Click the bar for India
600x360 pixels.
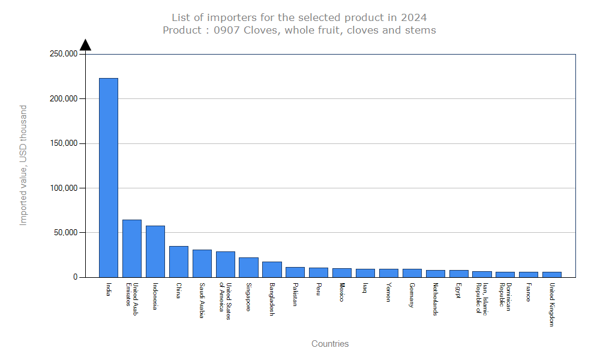(109, 178)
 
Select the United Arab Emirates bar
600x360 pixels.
(132, 248)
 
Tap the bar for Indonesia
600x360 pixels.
(155, 251)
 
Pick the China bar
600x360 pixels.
(179, 262)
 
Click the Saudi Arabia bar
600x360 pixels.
(202, 263)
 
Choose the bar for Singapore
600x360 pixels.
(248, 267)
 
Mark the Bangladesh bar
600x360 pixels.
(272, 269)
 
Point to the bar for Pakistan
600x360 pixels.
(295, 272)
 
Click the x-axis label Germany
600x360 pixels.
(412, 295)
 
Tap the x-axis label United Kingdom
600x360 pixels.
(552, 305)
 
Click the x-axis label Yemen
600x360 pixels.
(389, 292)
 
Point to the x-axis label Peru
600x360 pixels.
(319, 290)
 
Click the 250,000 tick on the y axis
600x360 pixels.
(63, 54)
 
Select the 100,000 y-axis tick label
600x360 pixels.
(63, 188)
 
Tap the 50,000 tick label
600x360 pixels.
(65, 233)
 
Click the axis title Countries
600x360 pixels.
(330, 344)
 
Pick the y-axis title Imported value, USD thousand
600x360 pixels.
(23, 165)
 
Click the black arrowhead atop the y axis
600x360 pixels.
(85, 45)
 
